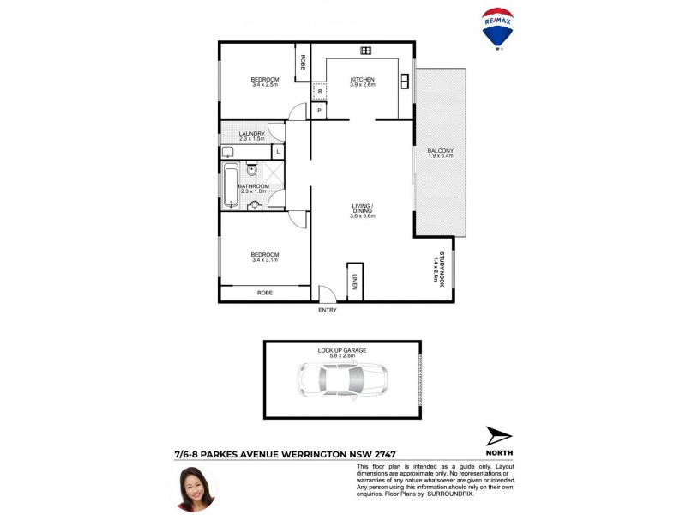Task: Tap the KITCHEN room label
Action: point(363,80)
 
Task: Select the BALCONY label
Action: point(440,152)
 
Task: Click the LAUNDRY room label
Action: point(251,134)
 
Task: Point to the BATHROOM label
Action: point(254,186)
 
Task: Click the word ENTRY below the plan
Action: point(328,310)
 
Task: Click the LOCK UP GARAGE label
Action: point(342,350)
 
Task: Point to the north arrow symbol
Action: point(498,436)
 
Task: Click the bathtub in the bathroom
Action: point(229,185)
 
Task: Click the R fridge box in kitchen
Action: point(319,91)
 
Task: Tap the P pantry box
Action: point(319,111)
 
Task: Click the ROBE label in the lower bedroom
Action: point(265,293)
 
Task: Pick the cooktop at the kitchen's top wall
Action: point(365,51)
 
